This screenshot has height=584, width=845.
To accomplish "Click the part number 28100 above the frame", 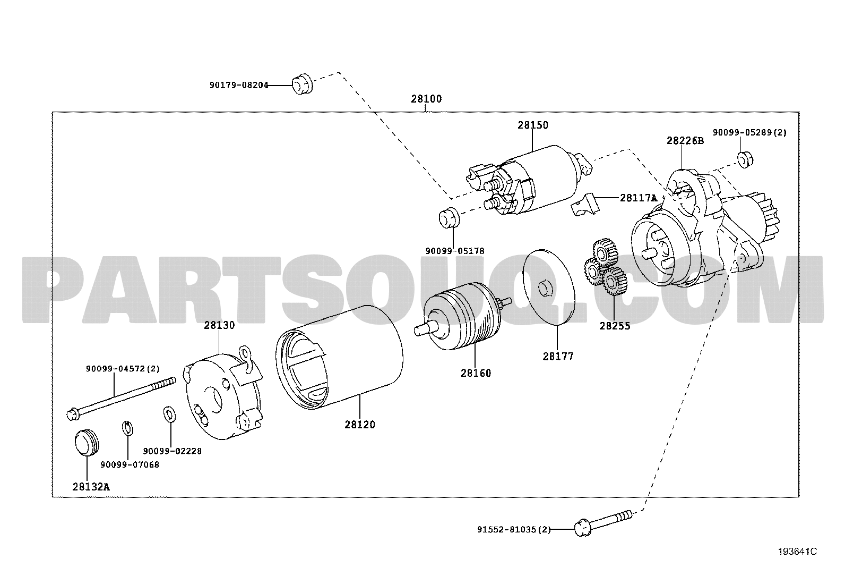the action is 426,99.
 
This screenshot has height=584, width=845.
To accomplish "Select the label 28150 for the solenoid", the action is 533,125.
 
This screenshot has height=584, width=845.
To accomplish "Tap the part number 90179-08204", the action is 239,86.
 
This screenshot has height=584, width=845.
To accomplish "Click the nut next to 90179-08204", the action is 302,84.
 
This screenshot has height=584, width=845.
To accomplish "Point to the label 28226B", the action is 685,141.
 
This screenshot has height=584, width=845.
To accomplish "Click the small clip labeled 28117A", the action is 584,205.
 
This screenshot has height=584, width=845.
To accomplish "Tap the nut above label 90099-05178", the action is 449,218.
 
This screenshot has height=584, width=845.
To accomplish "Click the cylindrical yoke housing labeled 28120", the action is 339,358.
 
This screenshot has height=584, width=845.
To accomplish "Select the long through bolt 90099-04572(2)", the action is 121,398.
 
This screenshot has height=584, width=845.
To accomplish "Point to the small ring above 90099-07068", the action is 128,428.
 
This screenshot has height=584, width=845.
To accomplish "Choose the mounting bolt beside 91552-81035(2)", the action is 603,523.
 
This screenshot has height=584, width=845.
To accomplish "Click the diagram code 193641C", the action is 797,552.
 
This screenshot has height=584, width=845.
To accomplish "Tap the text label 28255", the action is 615,326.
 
